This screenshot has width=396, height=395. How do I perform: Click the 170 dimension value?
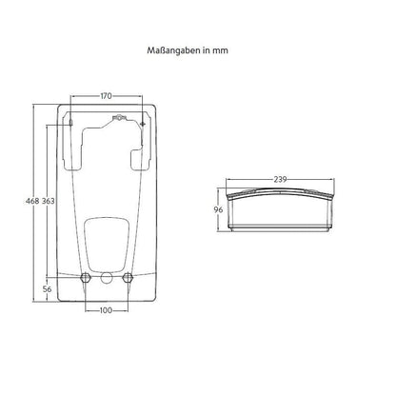(x=106, y=96)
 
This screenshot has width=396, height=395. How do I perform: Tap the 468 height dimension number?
(x=32, y=201)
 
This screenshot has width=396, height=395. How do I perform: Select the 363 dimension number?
(x=49, y=201)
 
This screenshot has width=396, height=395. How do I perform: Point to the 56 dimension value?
(x=47, y=289)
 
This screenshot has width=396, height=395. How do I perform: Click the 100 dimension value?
(x=106, y=310)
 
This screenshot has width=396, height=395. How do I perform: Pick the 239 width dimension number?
(x=280, y=180)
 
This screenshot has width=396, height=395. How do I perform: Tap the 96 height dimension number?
(x=218, y=209)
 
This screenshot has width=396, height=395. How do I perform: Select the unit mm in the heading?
(x=220, y=51)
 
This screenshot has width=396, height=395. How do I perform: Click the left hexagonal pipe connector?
(x=86, y=277)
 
